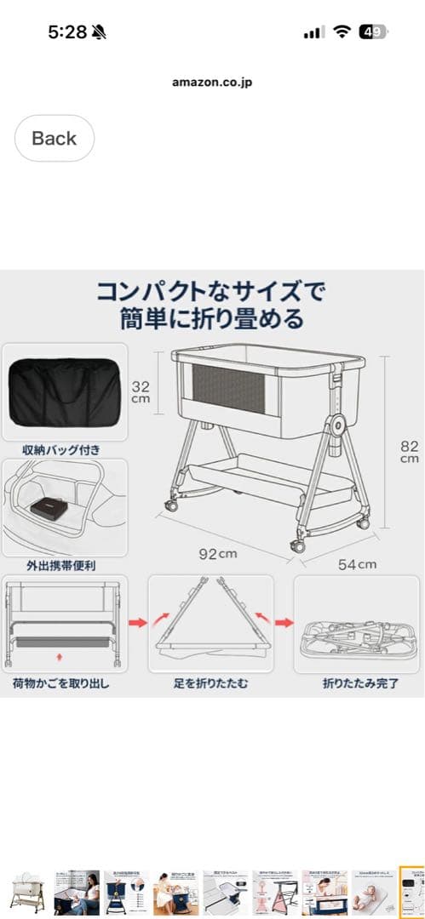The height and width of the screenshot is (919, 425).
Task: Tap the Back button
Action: pyautogui.click(x=54, y=138)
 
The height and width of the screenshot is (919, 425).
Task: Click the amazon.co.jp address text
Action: pyautogui.click(x=212, y=83)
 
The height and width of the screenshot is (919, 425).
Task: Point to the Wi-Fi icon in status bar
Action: pyautogui.click(x=342, y=32)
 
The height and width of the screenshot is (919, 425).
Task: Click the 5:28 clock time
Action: pyautogui.click(x=68, y=32)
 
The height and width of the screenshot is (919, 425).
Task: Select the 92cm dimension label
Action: pyautogui.click(x=218, y=554)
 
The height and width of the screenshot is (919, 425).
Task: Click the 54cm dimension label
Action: pyautogui.click(x=356, y=563)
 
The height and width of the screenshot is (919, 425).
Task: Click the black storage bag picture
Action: pyautogui.click(x=64, y=391)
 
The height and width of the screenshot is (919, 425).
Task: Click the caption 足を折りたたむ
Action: pyautogui.click(x=210, y=682)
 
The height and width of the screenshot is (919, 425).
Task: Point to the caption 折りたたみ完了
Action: pyautogui.click(x=356, y=682)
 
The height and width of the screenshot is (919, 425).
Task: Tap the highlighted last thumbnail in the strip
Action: pyautogui.click(x=412, y=891)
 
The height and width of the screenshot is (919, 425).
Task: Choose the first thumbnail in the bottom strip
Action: pyautogui.click(x=27, y=891)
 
